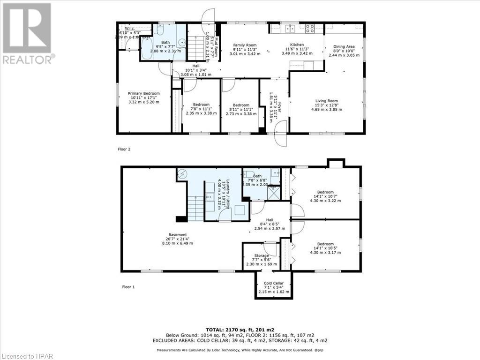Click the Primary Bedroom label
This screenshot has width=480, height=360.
coord(144,97)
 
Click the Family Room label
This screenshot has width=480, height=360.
coord(245,49)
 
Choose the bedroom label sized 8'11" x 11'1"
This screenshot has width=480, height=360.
coord(241,109)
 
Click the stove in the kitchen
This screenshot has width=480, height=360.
coord(310,29)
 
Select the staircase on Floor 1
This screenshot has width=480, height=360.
coord(195,208)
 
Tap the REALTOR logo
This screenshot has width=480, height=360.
coord(28,33)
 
